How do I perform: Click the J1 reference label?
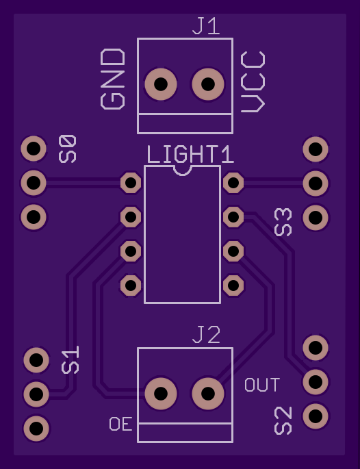206,26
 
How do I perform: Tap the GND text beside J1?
113,79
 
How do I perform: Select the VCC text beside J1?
253,82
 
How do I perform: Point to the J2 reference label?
207,335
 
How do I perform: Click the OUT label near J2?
263,385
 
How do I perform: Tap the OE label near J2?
120,424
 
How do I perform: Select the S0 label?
68,149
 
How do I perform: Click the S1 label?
70,360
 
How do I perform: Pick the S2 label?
283,420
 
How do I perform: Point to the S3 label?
283,222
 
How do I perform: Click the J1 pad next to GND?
161,84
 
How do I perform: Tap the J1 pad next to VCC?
208,84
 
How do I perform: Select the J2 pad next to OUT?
208,393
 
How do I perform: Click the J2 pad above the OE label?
161,393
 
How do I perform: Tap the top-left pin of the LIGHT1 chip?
131,182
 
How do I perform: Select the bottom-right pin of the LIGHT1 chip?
233,286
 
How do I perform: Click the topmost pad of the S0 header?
34,149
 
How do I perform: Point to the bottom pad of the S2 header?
316,416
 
